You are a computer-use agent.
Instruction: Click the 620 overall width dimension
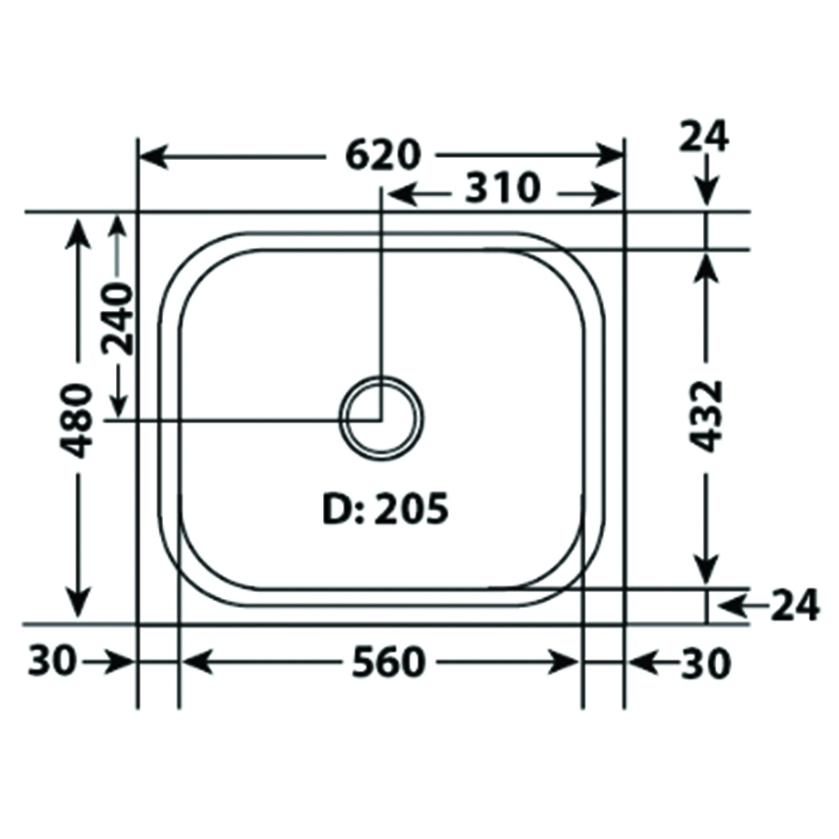[383, 155]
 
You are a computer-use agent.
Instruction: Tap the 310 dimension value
[502, 188]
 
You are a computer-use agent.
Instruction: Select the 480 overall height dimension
[79, 420]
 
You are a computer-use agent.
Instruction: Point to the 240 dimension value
[118, 319]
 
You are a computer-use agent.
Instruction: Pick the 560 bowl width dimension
[388, 662]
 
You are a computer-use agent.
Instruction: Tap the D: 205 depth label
[385, 509]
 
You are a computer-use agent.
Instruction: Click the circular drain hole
[381, 418]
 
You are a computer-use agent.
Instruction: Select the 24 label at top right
[703, 137]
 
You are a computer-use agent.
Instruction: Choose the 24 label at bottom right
[794, 605]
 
